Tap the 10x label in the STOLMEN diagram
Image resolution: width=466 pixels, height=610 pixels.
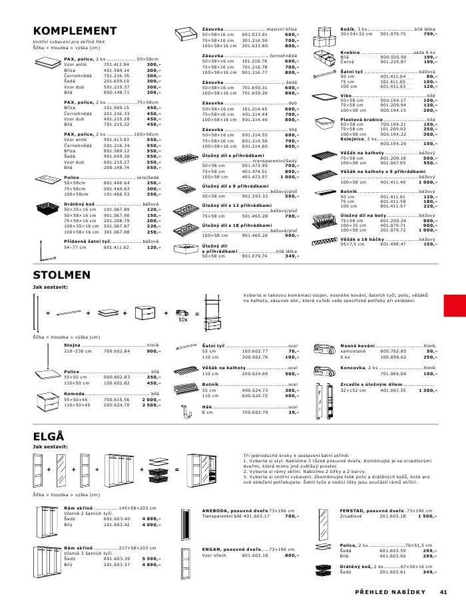(x=183, y=319)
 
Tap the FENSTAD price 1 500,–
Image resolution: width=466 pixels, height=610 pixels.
(x=427, y=516)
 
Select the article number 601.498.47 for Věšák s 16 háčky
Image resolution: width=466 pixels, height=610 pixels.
(x=392, y=244)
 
